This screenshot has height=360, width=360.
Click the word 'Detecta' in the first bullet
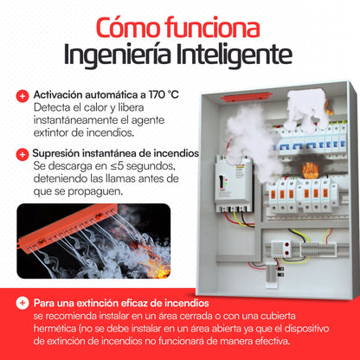coord(55,107)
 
